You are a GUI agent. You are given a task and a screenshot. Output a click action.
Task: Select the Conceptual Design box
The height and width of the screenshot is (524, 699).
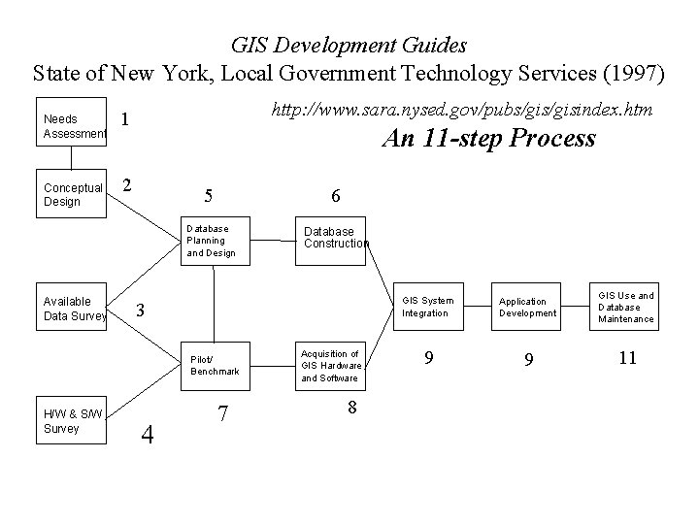[72, 194]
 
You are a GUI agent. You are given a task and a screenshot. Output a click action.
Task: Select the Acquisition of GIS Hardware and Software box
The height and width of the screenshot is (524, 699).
[332, 365]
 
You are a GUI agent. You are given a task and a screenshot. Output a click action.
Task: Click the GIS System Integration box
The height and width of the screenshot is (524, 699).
[427, 308]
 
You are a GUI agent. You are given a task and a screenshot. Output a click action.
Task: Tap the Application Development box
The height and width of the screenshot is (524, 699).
[527, 308]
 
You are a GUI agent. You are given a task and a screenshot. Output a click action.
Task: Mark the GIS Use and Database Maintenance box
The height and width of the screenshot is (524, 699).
[626, 308]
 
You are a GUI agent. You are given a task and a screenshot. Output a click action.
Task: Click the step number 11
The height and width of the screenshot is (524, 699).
[627, 358]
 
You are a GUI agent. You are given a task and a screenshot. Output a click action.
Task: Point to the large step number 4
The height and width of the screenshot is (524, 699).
[148, 434]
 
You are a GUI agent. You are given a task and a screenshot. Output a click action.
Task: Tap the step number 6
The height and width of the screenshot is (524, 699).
[334, 196]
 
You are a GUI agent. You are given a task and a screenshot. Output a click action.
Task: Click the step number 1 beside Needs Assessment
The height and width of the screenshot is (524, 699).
[126, 119]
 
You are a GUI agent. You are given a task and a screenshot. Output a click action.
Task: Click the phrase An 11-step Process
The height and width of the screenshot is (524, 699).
[488, 139]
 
